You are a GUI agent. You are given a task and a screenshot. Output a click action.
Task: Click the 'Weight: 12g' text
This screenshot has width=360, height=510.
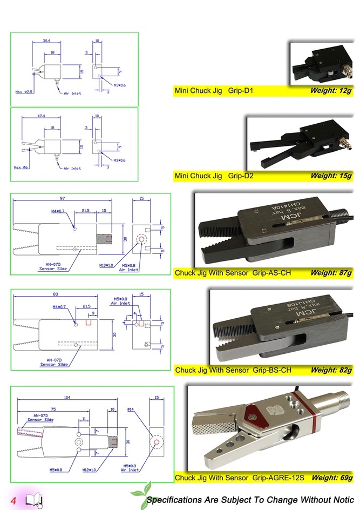331,91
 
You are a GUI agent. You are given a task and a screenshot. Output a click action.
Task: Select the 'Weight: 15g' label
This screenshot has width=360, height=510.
331,176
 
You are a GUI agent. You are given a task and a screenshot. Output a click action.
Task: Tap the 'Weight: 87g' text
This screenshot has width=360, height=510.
331,273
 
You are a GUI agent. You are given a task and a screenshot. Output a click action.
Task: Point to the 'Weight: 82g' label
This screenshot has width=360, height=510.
331,370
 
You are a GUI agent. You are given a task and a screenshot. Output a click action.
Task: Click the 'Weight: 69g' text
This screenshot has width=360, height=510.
331,478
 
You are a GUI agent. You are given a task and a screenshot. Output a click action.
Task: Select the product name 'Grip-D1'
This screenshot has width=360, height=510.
241,91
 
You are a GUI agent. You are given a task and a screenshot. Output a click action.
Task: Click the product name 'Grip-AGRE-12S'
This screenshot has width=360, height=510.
279,478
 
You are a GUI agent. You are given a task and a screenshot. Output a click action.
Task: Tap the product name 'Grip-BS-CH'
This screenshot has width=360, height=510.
271,370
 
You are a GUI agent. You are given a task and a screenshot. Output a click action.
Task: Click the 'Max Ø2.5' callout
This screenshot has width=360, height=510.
24,92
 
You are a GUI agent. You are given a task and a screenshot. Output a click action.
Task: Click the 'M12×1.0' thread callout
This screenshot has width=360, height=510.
89,470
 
